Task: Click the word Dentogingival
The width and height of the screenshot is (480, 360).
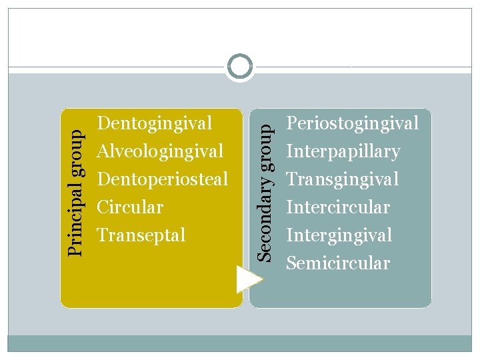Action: pos(155,123)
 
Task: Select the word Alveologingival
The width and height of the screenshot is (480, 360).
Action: pos(160,151)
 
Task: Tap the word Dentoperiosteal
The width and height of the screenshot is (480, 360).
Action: pos(162,179)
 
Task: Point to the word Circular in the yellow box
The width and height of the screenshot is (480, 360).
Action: pos(130,207)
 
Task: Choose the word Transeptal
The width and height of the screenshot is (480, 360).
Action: pos(141,235)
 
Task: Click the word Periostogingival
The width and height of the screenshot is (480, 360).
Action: pos(352,123)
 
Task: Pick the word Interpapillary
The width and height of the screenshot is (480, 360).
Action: pos(343,151)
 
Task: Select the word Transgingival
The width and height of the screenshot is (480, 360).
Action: pos(342,179)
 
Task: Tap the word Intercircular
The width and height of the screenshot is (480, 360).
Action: pos(337,207)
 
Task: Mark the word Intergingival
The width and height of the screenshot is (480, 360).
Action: pos(339,235)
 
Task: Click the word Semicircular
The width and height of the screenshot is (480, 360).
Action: pos(337,263)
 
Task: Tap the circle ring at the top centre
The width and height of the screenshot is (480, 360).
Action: pos(240,67)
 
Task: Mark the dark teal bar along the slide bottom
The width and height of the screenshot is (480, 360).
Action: pos(240,343)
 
